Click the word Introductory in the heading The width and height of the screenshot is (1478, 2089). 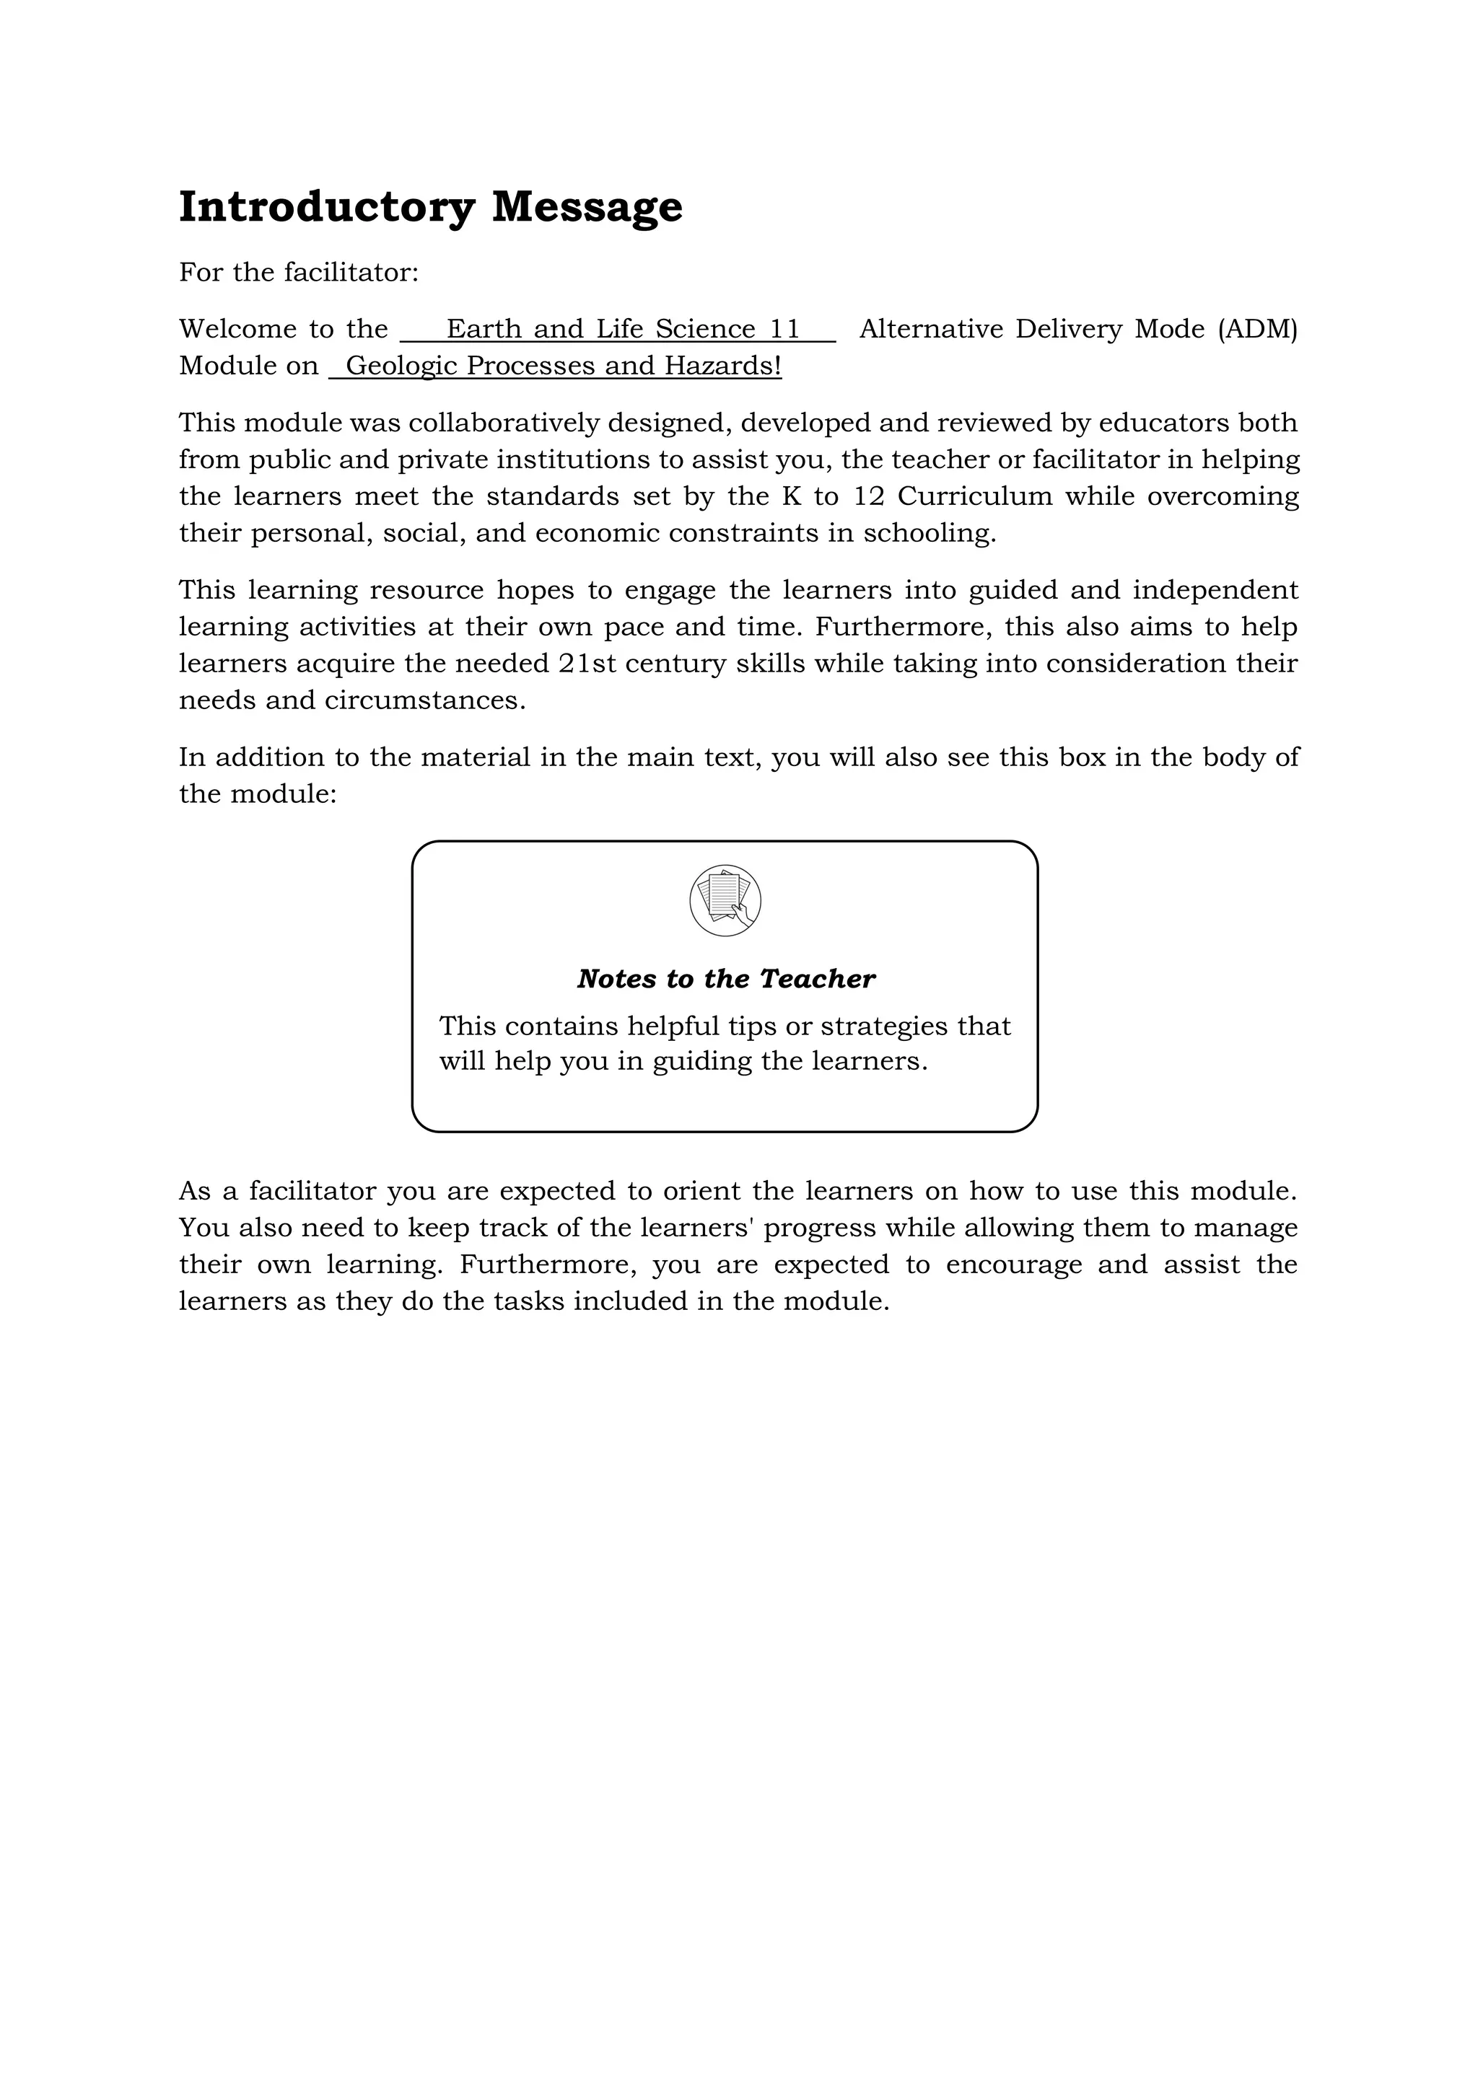point(325,208)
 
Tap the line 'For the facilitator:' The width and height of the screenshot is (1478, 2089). point(299,272)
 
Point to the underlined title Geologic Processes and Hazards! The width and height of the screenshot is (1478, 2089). point(562,366)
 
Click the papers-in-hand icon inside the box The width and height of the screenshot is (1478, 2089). point(725,900)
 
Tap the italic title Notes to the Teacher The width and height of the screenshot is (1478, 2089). point(725,979)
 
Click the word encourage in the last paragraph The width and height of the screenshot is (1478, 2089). point(1013,1265)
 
